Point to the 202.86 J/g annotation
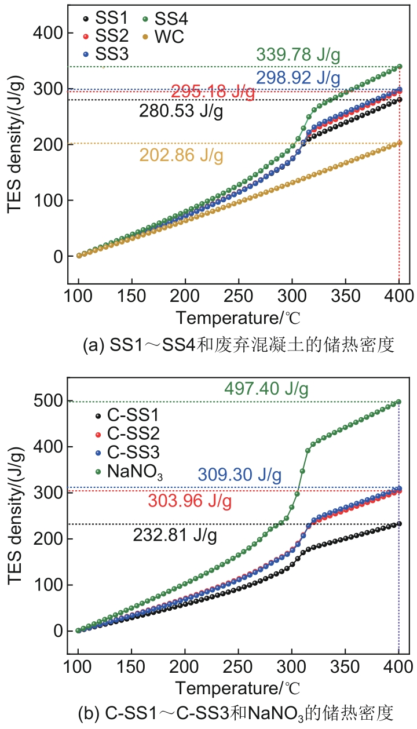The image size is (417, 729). [181, 155]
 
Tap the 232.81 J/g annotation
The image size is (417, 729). [175, 535]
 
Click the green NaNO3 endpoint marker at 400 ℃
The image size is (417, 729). [398, 402]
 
